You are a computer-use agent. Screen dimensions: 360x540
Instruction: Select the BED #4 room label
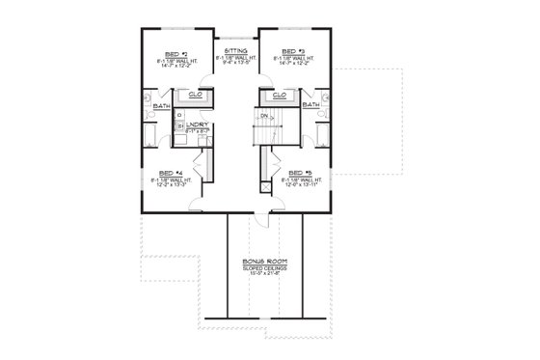[x=175, y=173]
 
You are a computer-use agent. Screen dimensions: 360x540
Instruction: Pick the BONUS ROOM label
[x=261, y=261]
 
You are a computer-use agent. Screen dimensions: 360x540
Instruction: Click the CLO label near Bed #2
[x=195, y=95]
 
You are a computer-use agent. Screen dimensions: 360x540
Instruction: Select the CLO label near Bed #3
[x=279, y=95]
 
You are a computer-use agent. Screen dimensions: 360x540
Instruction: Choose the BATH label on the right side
[x=311, y=104]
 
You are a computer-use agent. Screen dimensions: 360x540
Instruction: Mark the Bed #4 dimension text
[x=175, y=186]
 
